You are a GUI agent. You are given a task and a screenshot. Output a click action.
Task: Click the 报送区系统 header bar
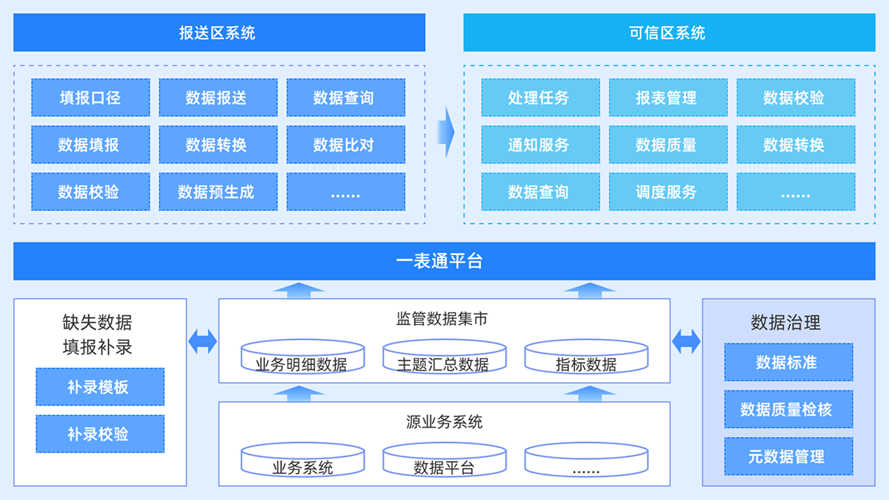[219, 33]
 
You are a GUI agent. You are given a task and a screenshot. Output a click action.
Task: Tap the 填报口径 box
[90, 98]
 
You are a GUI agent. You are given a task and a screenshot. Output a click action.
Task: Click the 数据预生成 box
[218, 192]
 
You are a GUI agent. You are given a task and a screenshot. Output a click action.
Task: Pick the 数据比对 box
[345, 145]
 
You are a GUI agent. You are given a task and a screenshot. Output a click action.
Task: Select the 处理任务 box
[540, 98]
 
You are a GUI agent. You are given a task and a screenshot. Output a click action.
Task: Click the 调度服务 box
[667, 192]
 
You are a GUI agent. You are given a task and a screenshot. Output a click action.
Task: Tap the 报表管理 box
[667, 98]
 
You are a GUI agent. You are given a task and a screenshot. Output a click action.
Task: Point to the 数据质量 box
[667, 145]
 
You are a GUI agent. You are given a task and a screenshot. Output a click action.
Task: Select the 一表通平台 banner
[444, 261]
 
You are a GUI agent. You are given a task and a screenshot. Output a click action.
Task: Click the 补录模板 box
[100, 386]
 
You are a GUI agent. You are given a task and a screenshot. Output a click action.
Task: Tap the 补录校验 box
[100, 434]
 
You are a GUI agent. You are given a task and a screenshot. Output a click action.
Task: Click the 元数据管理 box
[788, 456]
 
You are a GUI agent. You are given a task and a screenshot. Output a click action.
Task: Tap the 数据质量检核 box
[788, 409]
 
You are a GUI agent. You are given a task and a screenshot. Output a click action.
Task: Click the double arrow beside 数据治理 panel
[686, 341]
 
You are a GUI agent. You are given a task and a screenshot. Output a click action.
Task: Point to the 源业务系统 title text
[444, 422]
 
